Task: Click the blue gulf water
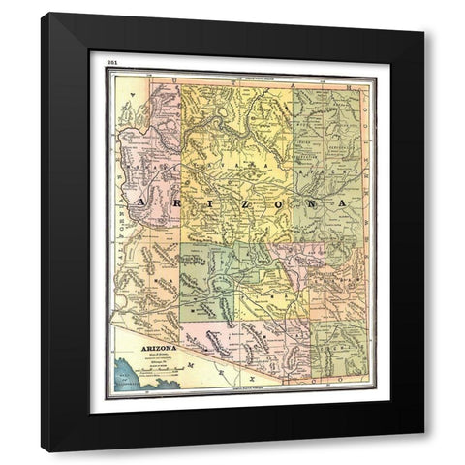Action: coord(131,373)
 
